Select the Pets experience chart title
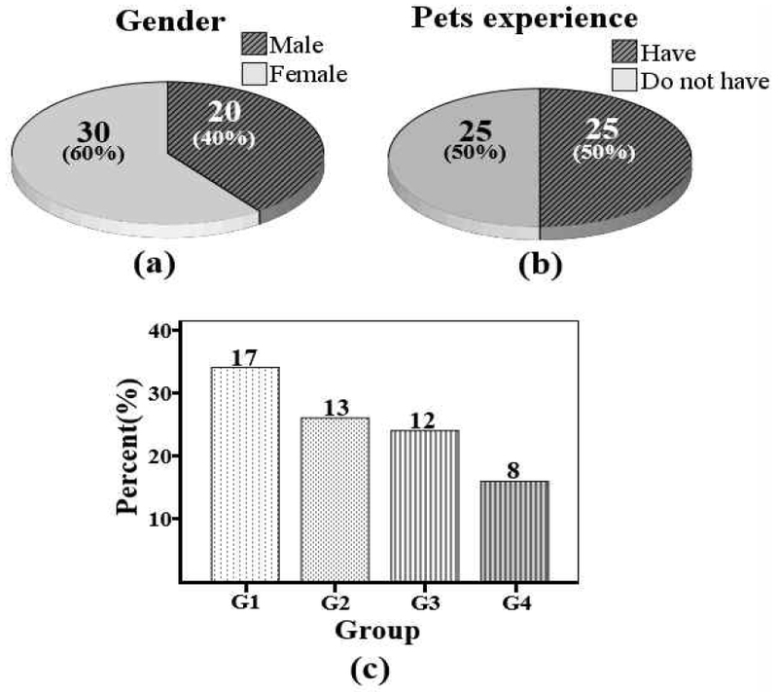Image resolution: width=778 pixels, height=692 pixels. point(551,18)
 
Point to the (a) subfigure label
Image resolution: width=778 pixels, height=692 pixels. point(147,263)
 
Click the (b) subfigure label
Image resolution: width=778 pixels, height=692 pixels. point(538,264)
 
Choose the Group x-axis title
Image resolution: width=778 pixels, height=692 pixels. point(378,631)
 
